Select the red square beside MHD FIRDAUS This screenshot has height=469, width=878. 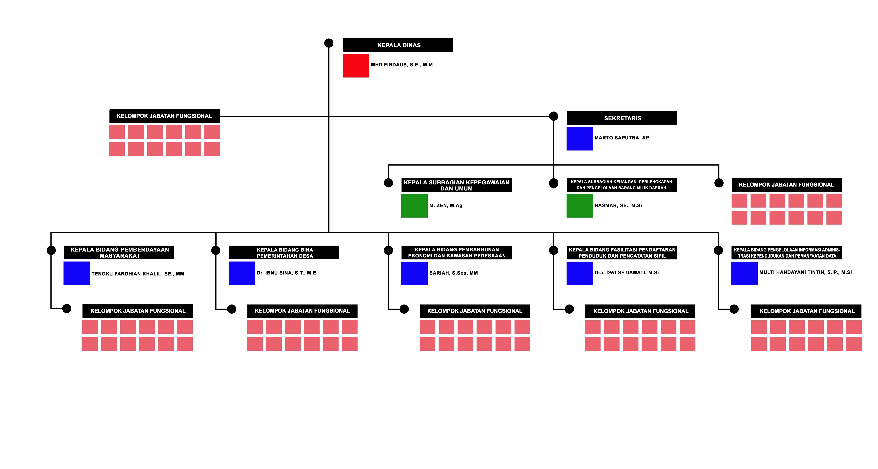click(x=356, y=66)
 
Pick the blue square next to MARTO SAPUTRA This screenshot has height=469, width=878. click(x=579, y=139)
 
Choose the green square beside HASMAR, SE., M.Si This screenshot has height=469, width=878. click(x=579, y=206)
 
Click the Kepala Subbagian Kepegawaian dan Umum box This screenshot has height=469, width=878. click(x=456, y=185)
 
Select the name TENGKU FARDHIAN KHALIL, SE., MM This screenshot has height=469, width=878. click(x=138, y=274)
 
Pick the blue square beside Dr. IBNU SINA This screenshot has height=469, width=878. click(x=242, y=273)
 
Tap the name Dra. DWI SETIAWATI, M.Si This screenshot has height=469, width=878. click(x=626, y=273)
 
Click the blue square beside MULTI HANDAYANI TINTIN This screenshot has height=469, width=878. click(x=744, y=273)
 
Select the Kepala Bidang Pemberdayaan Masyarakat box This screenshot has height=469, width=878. click(x=119, y=252)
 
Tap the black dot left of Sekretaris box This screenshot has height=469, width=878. click(x=554, y=116)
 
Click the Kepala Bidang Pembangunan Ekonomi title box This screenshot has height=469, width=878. click(x=456, y=252)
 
